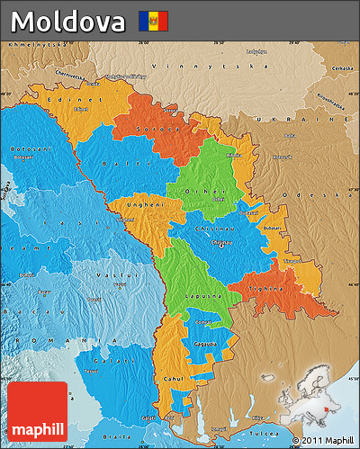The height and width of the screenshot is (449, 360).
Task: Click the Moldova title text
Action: point(68,20)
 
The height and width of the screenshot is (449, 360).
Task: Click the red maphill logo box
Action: point(38,410)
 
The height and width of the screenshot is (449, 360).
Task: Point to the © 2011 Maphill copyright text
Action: point(323,440)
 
